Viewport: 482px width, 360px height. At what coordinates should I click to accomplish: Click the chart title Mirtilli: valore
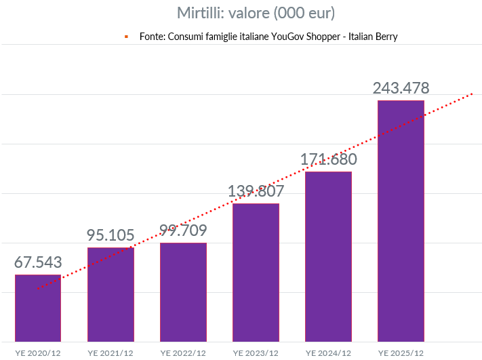pos(256,13)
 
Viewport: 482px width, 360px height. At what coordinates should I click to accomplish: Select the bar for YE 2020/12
pos(38,308)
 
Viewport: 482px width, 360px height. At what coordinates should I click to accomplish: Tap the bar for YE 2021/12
pos(111,294)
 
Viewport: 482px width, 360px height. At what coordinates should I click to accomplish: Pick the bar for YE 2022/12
pos(183,292)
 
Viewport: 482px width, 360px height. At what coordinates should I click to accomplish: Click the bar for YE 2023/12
pos(256,272)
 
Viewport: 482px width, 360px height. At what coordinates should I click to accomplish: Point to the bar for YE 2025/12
pos(401,220)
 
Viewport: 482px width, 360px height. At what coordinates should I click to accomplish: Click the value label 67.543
pos(38,263)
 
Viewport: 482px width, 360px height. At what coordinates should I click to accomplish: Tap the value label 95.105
pos(111,235)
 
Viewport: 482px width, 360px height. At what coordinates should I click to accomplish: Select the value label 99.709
pos(183,231)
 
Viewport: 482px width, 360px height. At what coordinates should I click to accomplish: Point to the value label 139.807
pos(256,191)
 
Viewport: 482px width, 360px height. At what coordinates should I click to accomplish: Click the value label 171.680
pos(328,159)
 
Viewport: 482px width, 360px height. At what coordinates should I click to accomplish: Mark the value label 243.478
pos(401,88)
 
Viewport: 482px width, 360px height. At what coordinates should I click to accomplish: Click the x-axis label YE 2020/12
pos(38,353)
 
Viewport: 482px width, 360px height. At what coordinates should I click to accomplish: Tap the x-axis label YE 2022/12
pos(183,353)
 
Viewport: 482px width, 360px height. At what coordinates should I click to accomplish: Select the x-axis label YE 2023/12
pos(256,353)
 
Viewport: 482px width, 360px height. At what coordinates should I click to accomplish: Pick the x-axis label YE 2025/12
pos(401,353)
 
